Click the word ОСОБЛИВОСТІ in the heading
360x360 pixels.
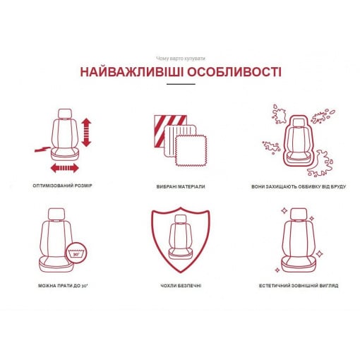(234, 72)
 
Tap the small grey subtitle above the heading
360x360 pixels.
(181, 59)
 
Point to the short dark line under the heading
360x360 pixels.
(181, 84)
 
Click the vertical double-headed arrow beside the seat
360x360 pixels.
(86, 132)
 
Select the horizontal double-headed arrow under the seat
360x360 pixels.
(65, 168)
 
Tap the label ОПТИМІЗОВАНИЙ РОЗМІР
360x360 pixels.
(62, 186)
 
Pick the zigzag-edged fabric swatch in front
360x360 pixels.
(191, 150)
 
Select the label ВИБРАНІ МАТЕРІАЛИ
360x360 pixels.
(181, 186)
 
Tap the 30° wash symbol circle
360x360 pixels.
(76, 253)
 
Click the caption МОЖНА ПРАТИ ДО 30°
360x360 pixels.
(63, 286)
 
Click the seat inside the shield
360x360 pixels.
(181, 237)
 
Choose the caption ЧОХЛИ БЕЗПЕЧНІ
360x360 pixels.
(181, 286)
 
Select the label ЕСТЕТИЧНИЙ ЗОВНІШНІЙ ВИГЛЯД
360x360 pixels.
(299, 286)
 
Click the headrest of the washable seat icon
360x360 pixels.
(56, 214)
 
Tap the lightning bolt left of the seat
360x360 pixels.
(42, 149)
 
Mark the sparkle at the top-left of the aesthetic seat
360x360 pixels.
(284, 211)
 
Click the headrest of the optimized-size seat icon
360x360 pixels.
(65, 114)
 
